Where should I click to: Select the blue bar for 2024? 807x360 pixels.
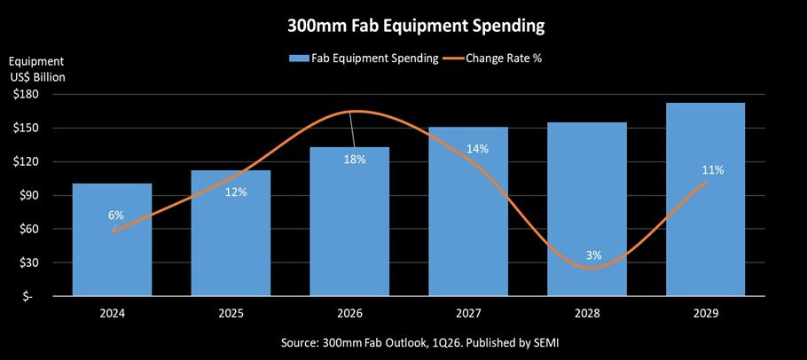pyautogui.click(x=113, y=257)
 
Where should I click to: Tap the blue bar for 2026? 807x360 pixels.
pyautogui.click(x=349, y=239)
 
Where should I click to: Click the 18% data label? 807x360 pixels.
pyautogui.click(x=355, y=159)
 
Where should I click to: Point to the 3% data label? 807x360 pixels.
pyautogui.click(x=593, y=255)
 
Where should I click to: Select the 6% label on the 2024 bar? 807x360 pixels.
pyautogui.click(x=115, y=215)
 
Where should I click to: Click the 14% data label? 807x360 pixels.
pyautogui.click(x=477, y=149)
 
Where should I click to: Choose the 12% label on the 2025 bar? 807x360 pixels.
pyautogui.click(x=235, y=192)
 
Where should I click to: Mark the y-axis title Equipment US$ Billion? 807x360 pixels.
pyautogui.click(x=37, y=68)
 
